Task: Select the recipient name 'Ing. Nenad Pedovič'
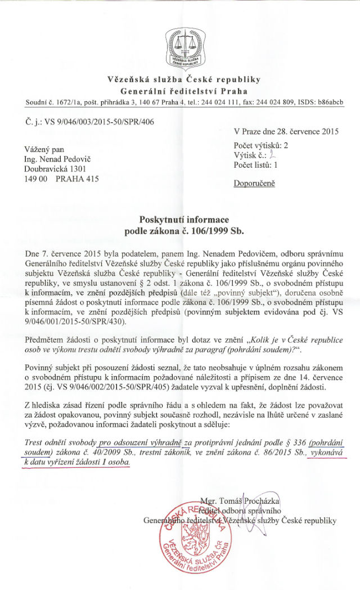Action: [x=60, y=159]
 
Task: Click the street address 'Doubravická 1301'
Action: [x=58, y=169]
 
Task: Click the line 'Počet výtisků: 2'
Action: [x=261, y=145]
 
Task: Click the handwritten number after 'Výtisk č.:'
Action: [x=271, y=155]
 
